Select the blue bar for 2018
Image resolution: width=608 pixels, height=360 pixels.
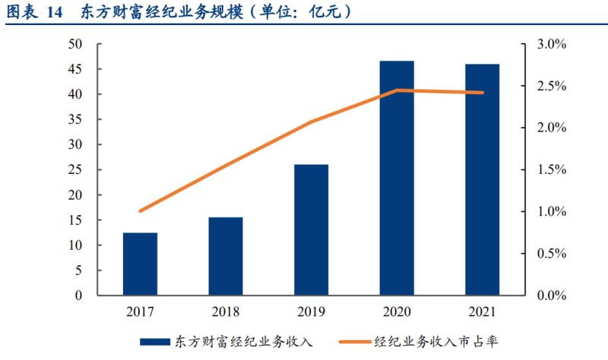(x=226, y=257)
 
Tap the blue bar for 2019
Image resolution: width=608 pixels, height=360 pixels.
(x=311, y=230)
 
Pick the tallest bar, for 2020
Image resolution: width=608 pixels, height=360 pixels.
(x=397, y=178)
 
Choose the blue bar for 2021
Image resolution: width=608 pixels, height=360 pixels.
(x=483, y=180)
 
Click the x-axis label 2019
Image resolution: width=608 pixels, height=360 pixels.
(x=311, y=311)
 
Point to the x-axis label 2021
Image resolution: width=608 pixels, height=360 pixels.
(x=483, y=311)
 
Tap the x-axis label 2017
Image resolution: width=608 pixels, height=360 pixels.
(x=140, y=311)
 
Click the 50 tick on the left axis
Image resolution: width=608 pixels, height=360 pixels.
(x=75, y=45)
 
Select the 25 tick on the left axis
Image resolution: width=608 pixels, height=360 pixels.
(x=75, y=170)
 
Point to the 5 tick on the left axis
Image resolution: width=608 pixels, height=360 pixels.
(x=78, y=270)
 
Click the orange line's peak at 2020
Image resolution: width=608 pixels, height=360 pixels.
(x=397, y=90)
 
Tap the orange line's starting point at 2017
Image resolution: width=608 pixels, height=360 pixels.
(x=140, y=211)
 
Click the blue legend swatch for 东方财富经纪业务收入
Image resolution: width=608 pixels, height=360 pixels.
(x=155, y=341)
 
